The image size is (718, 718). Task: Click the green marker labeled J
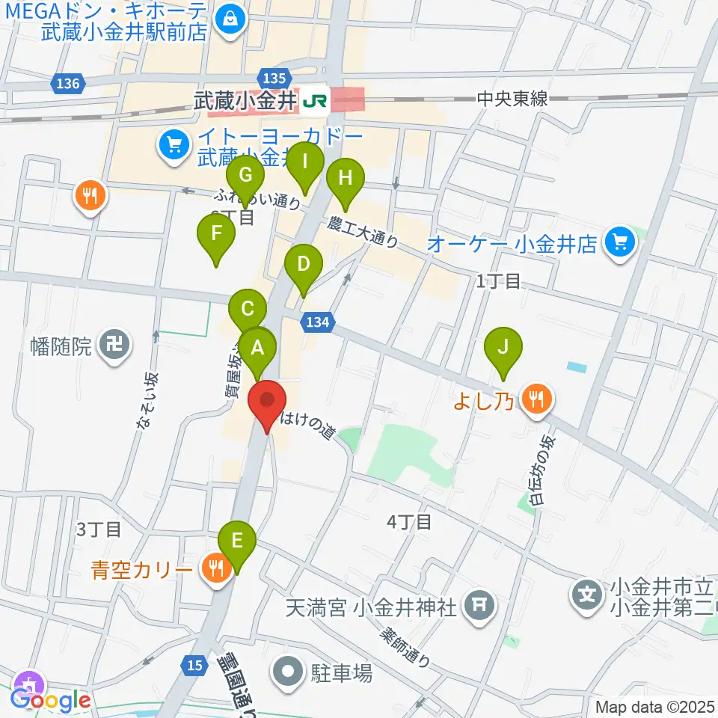tap(503, 348)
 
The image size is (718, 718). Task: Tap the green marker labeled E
tap(237, 541)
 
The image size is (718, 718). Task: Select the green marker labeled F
tap(216, 234)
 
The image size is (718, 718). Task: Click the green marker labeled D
tap(303, 265)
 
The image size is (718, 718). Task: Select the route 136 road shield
tap(67, 84)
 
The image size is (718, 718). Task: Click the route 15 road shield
tap(195, 664)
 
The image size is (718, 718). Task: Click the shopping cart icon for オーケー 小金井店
tap(619, 241)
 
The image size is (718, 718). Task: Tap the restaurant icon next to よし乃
tap(536, 399)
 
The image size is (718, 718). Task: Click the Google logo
tap(50, 700)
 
